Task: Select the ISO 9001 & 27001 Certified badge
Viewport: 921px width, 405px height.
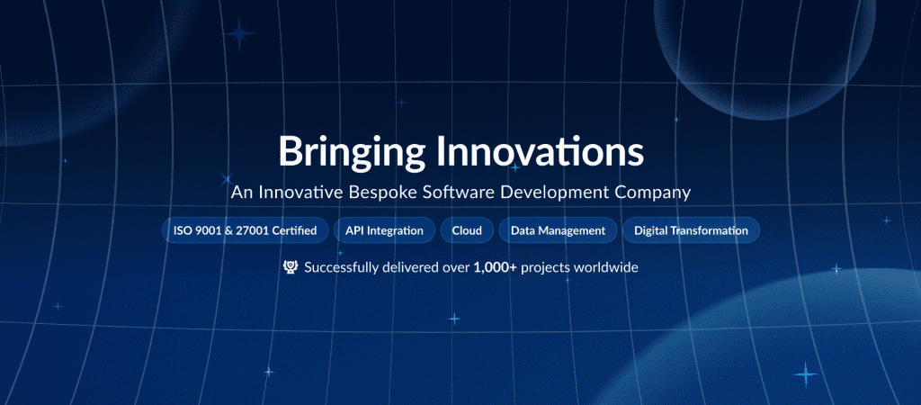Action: coord(245,230)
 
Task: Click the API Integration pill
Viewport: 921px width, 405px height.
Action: coord(384,230)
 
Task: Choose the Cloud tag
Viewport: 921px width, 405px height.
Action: coord(467,230)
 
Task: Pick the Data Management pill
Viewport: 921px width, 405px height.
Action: coord(558,230)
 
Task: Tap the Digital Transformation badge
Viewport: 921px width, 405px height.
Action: coord(691,230)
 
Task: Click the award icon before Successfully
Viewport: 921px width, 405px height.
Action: coord(291,267)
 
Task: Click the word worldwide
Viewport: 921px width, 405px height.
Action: coord(607,267)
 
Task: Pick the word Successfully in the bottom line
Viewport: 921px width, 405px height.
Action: coord(343,267)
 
